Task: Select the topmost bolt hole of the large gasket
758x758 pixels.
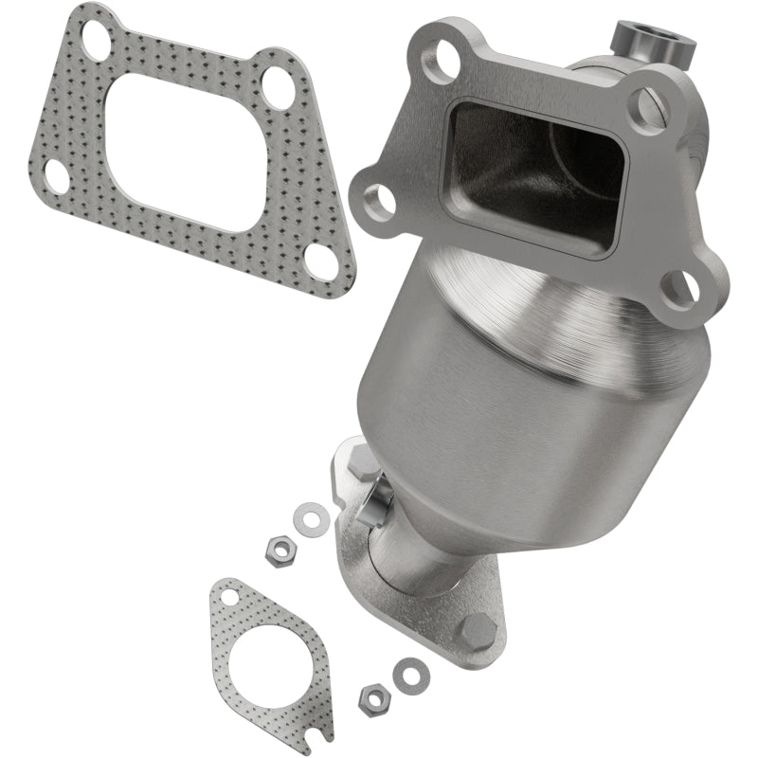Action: (96, 39)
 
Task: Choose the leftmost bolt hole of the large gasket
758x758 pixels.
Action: (57, 175)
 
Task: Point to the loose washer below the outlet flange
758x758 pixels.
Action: (409, 674)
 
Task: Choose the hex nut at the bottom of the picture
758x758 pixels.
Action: (372, 698)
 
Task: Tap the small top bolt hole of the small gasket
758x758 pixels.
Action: (228, 596)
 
